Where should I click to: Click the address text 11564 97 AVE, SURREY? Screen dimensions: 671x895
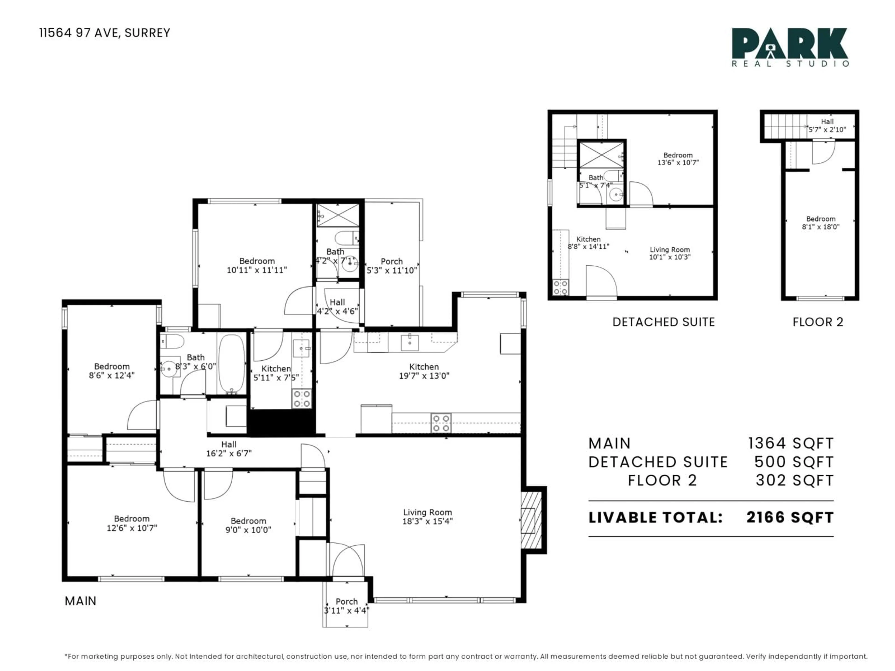(104, 33)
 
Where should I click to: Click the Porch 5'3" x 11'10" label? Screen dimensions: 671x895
(391, 266)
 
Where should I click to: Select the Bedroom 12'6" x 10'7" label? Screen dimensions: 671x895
(131, 523)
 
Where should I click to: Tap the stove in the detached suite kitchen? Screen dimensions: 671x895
(560, 288)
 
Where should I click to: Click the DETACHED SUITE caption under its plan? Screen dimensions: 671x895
(664, 322)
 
